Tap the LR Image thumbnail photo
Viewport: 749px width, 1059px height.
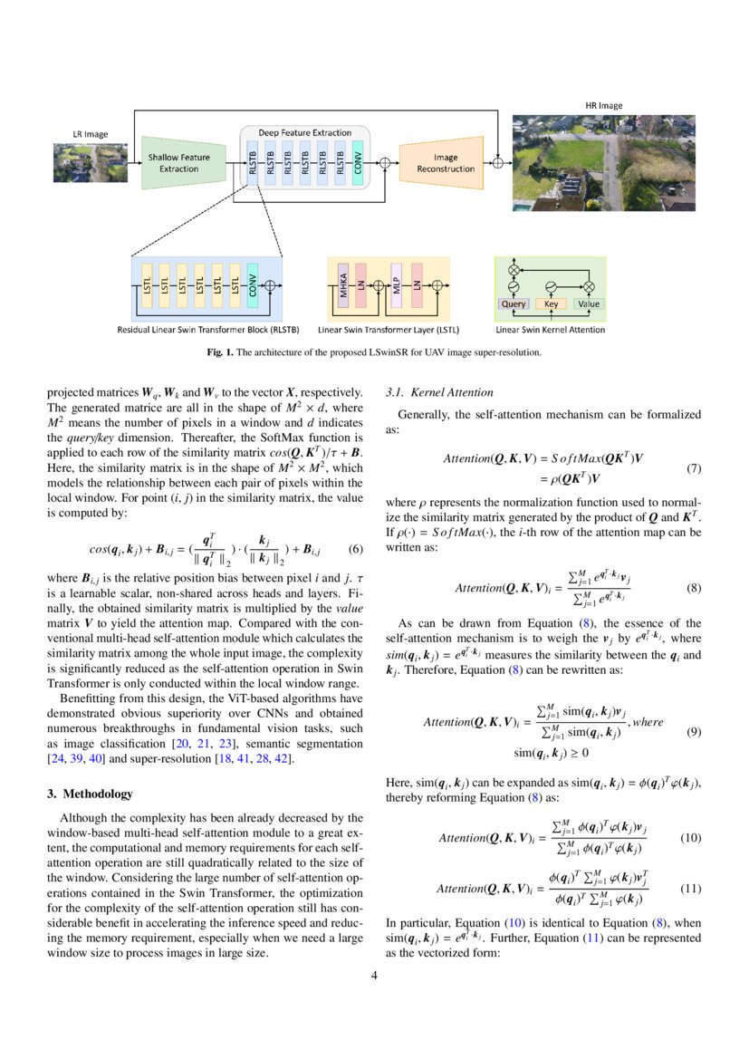(x=90, y=164)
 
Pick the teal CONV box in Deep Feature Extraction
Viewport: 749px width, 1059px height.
(x=359, y=163)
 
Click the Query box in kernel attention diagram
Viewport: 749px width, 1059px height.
(x=514, y=304)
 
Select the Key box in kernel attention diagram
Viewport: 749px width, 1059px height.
(x=552, y=304)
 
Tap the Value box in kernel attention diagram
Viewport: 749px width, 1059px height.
(x=589, y=304)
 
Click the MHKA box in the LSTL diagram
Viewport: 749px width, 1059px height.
(x=343, y=286)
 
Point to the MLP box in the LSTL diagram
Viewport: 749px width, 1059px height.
(x=397, y=286)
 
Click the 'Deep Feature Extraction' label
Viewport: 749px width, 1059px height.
(x=304, y=133)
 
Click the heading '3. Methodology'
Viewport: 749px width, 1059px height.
(x=89, y=794)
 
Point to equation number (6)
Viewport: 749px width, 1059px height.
(x=355, y=549)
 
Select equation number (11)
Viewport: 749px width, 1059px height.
(x=691, y=888)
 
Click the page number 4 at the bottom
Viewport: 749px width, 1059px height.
(x=374, y=976)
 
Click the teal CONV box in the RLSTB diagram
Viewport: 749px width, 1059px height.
(x=253, y=286)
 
